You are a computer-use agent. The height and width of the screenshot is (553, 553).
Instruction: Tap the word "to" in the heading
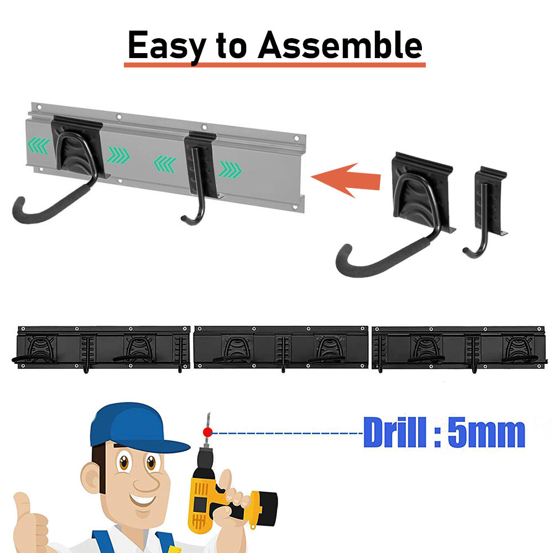(231, 46)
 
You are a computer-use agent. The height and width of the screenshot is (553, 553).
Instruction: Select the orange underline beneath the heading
(275, 65)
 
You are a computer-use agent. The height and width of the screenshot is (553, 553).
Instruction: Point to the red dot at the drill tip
(208, 432)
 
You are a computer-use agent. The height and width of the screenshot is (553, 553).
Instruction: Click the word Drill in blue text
(394, 432)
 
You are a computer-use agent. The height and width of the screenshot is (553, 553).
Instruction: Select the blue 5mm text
(487, 433)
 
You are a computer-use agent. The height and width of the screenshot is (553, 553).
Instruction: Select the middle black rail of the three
(281, 347)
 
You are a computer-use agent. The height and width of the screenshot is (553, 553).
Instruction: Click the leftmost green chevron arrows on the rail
(39, 145)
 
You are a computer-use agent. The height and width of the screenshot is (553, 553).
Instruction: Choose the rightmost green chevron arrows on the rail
(230, 170)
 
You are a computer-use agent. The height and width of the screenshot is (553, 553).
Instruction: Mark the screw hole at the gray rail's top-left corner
(39, 107)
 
